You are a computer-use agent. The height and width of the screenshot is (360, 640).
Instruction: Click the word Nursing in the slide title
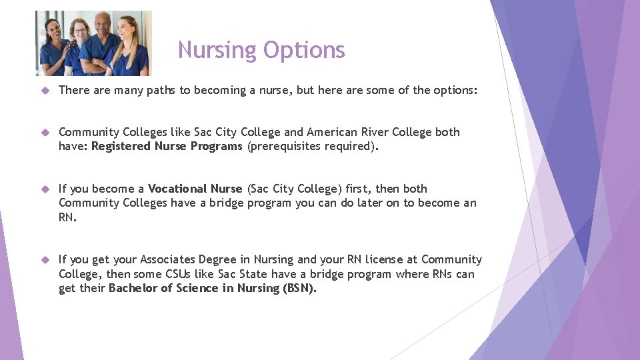[217, 50]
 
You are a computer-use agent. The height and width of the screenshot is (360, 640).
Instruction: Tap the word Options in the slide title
[304, 50]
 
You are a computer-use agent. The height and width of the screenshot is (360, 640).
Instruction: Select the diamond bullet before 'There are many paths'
[45, 90]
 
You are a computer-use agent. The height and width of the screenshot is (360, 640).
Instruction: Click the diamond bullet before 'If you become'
[45, 189]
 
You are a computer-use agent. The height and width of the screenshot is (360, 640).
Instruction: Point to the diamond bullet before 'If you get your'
[45, 260]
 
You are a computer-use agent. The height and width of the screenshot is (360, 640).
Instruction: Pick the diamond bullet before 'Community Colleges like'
[45, 133]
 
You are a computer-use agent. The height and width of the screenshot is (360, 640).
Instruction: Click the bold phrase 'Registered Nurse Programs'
[167, 147]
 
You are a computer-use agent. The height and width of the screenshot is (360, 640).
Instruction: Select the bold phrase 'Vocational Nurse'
[195, 189]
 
